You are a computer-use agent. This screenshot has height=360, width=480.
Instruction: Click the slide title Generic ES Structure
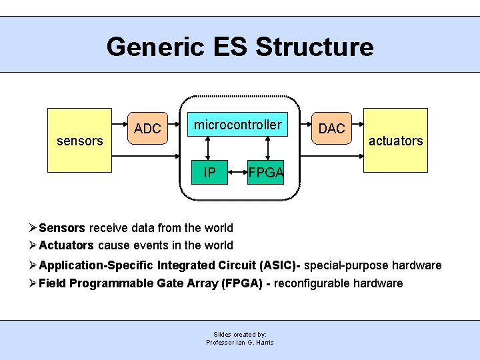(240, 47)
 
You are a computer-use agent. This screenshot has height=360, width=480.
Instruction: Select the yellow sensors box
(80, 141)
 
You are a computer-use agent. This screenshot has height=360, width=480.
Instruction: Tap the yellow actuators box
(395, 141)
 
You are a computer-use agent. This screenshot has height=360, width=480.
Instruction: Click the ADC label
(148, 129)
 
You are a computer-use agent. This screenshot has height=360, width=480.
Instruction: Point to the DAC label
(331, 129)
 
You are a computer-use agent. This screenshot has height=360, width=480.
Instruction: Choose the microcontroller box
(237, 125)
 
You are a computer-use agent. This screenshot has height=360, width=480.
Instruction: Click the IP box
(209, 173)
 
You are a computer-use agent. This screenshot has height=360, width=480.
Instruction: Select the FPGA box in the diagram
(267, 173)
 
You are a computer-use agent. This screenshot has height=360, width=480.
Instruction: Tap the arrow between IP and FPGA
(237, 174)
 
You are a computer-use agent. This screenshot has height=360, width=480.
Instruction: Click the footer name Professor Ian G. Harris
(240, 343)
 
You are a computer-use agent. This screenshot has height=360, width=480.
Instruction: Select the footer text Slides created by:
(240, 334)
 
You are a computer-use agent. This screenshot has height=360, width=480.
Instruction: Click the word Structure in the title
(315, 47)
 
